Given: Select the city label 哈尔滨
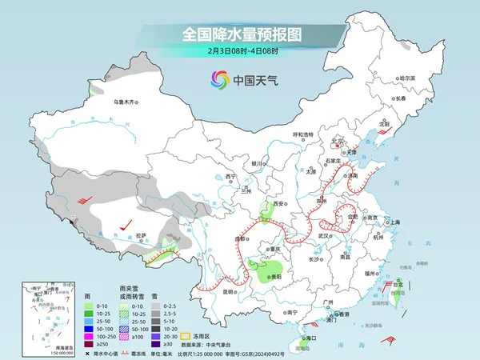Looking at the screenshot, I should (408, 78).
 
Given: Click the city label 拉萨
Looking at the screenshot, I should (141, 235).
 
